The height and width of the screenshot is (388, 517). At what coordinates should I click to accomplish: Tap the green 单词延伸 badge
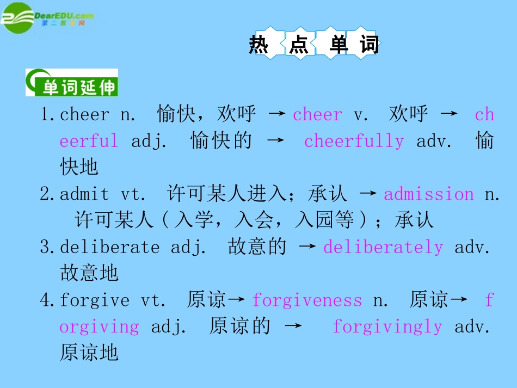[x=72, y=83]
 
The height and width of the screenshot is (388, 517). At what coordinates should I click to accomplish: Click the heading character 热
[x=258, y=44]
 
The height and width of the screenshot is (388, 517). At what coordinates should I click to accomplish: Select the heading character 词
[x=369, y=44]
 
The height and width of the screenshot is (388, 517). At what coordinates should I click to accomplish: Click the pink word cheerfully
[x=354, y=141]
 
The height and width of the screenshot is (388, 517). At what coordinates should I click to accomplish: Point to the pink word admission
[x=429, y=194]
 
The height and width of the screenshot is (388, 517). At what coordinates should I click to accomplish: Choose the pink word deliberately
[x=383, y=247]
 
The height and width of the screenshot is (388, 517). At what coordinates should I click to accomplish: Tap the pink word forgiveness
[x=307, y=300]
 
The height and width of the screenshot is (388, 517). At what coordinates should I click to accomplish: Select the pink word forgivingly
[x=387, y=327]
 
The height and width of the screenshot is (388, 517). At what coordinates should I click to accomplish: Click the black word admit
[x=84, y=194]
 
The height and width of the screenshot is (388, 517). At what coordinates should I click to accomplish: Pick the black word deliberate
[x=109, y=247]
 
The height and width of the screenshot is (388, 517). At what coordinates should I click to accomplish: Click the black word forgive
[x=95, y=300]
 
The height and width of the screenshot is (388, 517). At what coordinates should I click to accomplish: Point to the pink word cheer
[x=317, y=115]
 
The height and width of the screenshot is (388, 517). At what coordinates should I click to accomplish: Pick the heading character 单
[x=338, y=44]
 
